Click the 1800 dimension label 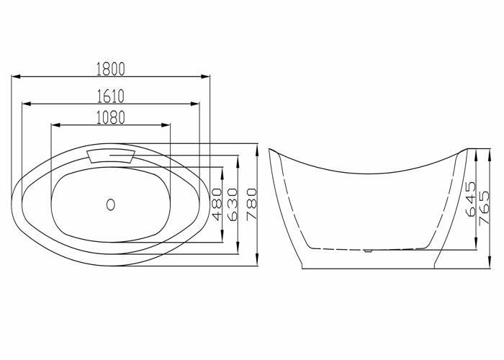pyautogui.click(x=111, y=69)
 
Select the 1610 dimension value pyautogui.click(x=111, y=96)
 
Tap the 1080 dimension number pyautogui.click(x=111, y=117)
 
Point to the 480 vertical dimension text pyautogui.click(x=217, y=204)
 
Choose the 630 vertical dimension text pyautogui.click(x=233, y=204)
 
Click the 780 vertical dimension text pyautogui.click(x=252, y=204)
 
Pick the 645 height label pyautogui.click(x=470, y=199)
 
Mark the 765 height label pyautogui.click(x=484, y=208)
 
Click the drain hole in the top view pyautogui.click(x=111, y=204)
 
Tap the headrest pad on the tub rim pyautogui.click(x=111, y=156)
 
